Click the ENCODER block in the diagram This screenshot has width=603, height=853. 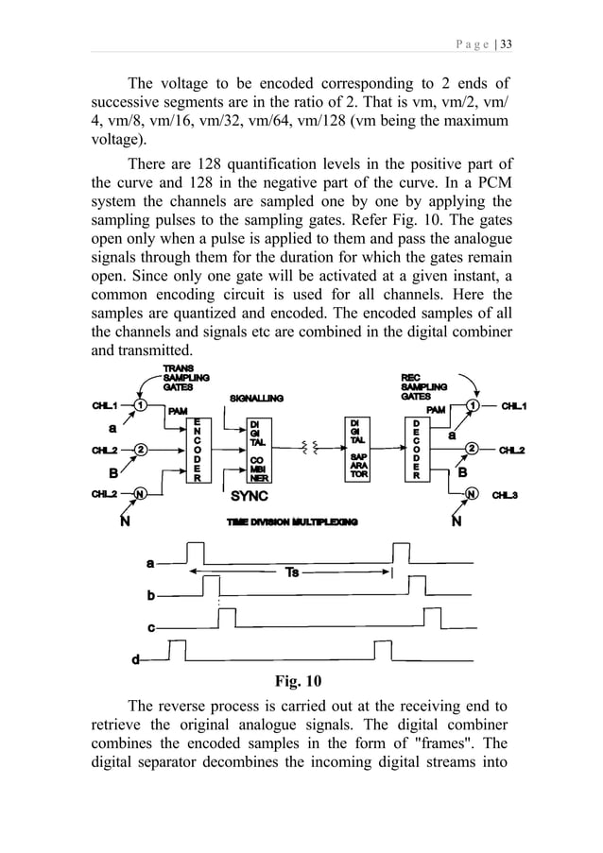click(198, 451)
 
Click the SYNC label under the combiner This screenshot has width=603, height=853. click(250, 495)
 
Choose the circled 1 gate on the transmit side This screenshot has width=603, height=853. click(139, 405)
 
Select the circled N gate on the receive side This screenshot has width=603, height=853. click(470, 493)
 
